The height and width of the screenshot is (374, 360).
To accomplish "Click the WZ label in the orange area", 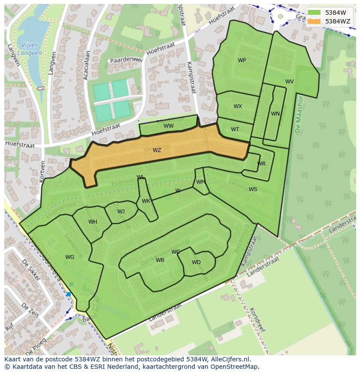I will point(157,150).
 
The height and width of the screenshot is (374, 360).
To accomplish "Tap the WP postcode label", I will point(242,60).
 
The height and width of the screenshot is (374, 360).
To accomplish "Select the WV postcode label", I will point(289,82).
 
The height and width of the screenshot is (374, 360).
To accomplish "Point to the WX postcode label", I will point(237,106).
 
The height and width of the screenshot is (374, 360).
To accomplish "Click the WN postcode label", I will point(275,114).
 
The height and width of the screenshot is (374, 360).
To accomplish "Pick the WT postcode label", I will point(235,129).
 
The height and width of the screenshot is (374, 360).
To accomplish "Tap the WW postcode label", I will point(169,126).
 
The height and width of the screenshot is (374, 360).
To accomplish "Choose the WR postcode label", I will point(261,164).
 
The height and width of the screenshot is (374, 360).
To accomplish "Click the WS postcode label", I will point(253,189).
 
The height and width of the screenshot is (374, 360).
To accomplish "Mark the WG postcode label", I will point(70,257).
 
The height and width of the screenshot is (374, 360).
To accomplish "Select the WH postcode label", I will point(93,222).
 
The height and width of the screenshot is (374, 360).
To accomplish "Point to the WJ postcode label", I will point(121,212).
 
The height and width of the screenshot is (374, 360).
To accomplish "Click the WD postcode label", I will point(196,262).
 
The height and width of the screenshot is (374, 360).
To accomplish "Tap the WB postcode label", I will point(160,260).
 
